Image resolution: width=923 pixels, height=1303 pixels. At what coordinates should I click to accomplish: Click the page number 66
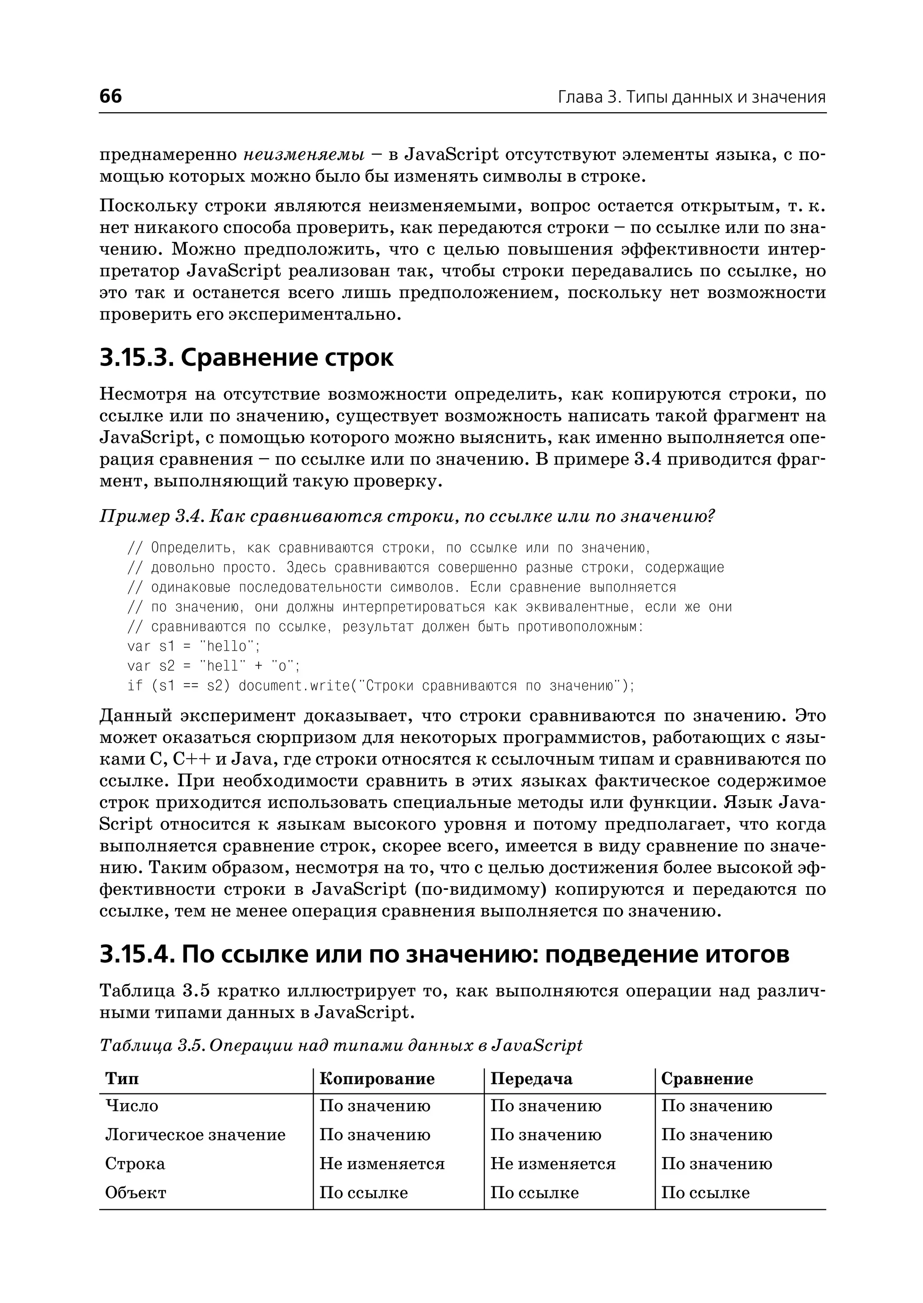(x=110, y=96)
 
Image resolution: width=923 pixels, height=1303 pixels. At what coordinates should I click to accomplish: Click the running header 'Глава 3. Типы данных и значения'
(x=691, y=97)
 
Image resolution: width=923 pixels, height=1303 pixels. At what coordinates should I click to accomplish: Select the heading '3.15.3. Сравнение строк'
(x=246, y=358)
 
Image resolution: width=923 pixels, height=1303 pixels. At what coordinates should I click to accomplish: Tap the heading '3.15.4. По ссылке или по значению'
(x=443, y=954)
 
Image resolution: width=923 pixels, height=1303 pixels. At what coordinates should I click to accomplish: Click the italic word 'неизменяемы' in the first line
(x=304, y=155)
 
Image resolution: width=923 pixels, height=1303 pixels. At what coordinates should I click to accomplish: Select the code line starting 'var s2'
(x=213, y=665)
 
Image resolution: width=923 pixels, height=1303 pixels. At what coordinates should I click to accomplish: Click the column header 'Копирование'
(x=377, y=1079)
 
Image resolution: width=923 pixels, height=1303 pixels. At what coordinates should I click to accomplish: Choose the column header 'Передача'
(x=531, y=1079)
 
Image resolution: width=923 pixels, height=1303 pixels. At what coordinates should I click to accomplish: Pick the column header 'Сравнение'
(x=707, y=1079)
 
